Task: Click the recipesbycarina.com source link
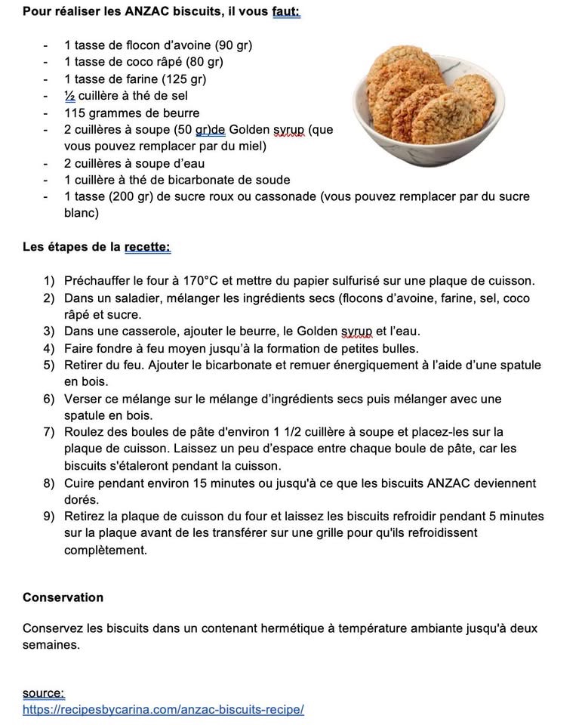pyautogui.click(x=163, y=710)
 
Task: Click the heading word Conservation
pyautogui.click(x=63, y=597)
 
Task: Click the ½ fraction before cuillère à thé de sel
pyautogui.click(x=69, y=96)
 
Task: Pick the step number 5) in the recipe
pyautogui.click(x=49, y=366)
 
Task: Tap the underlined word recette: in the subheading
pyautogui.click(x=147, y=247)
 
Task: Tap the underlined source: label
pyautogui.click(x=43, y=693)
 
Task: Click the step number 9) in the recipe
pyautogui.click(x=49, y=517)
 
